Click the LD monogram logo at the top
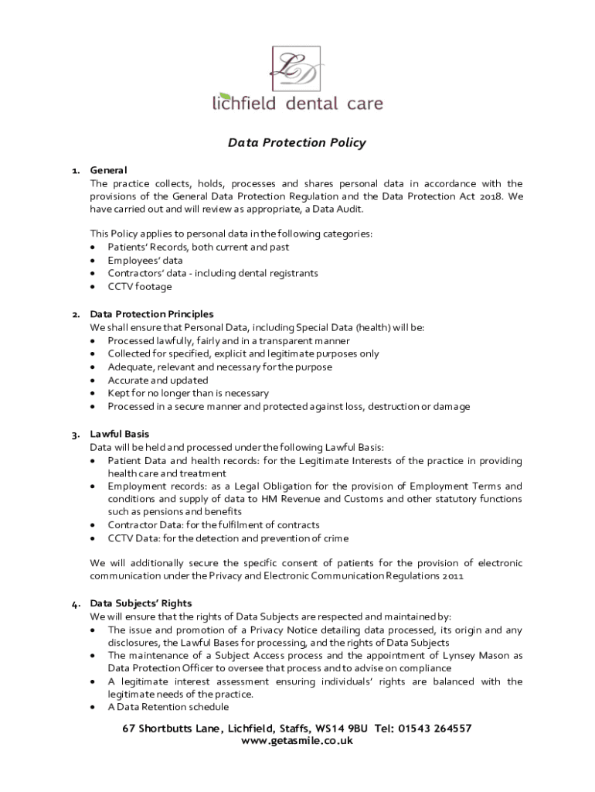pyautogui.click(x=297, y=68)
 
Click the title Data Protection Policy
pyautogui.click(x=297, y=143)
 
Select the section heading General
pyautogui.click(x=108, y=170)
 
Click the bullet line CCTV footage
pyautogui.click(x=140, y=287)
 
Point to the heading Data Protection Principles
pyautogui.click(x=152, y=314)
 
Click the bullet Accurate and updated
pyautogui.click(x=158, y=380)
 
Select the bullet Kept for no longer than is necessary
pyautogui.click(x=188, y=393)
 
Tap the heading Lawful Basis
pyautogui.click(x=120, y=434)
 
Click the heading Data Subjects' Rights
pyautogui.click(x=141, y=603)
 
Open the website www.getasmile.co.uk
pyautogui.click(x=297, y=741)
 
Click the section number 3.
pyautogui.click(x=76, y=434)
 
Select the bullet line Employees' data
pyautogui.click(x=145, y=261)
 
